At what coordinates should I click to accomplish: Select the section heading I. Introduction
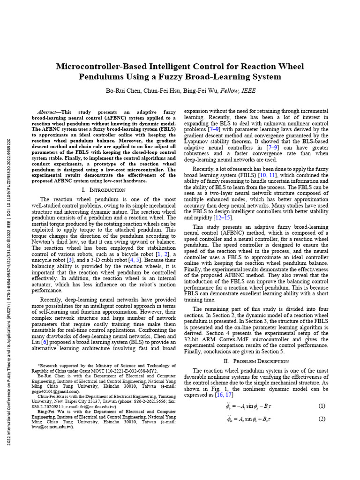point(103,190)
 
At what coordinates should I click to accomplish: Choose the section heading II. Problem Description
point(256,361)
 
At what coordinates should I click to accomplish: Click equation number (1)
point(322,405)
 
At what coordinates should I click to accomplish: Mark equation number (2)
point(322,419)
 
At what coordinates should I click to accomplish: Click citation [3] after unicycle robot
point(70,260)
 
